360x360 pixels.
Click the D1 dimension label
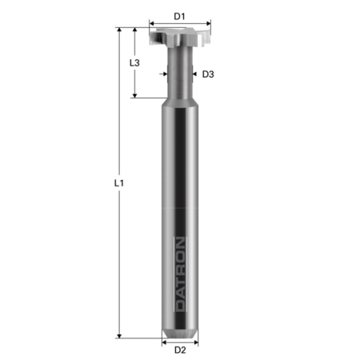pos(180,15)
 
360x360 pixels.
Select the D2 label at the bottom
pos(180,350)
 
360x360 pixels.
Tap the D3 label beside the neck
pos(207,74)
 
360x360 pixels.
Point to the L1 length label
pos(118,182)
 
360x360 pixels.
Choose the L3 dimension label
pos(135,62)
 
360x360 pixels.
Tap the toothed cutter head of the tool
pos(180,37)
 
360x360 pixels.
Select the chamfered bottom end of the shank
pos(180,331)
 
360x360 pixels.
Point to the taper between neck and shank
pos(180,96)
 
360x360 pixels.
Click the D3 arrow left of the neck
pos(164,74)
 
